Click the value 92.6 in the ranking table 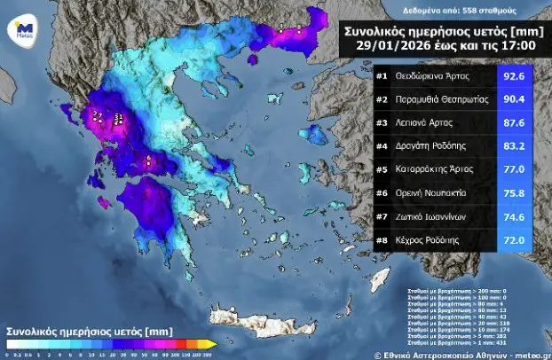pos(516,76)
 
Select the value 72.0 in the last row pos(516,239)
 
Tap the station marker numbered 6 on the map pos(150,160)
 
